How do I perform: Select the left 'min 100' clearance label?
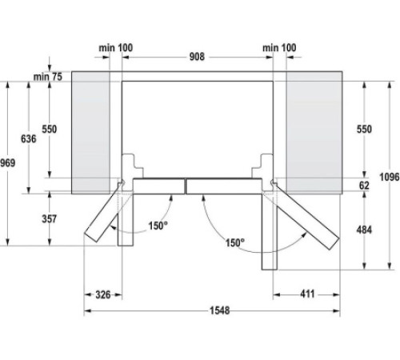116,49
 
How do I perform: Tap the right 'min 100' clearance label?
280,49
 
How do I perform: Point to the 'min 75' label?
48,76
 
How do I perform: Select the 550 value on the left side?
50,129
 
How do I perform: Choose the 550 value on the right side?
364,129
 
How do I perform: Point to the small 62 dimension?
365,185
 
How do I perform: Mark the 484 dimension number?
364,230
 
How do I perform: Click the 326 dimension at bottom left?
102,295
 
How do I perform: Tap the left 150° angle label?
158,226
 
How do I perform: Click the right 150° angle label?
234,242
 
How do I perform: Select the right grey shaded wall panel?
313,132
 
